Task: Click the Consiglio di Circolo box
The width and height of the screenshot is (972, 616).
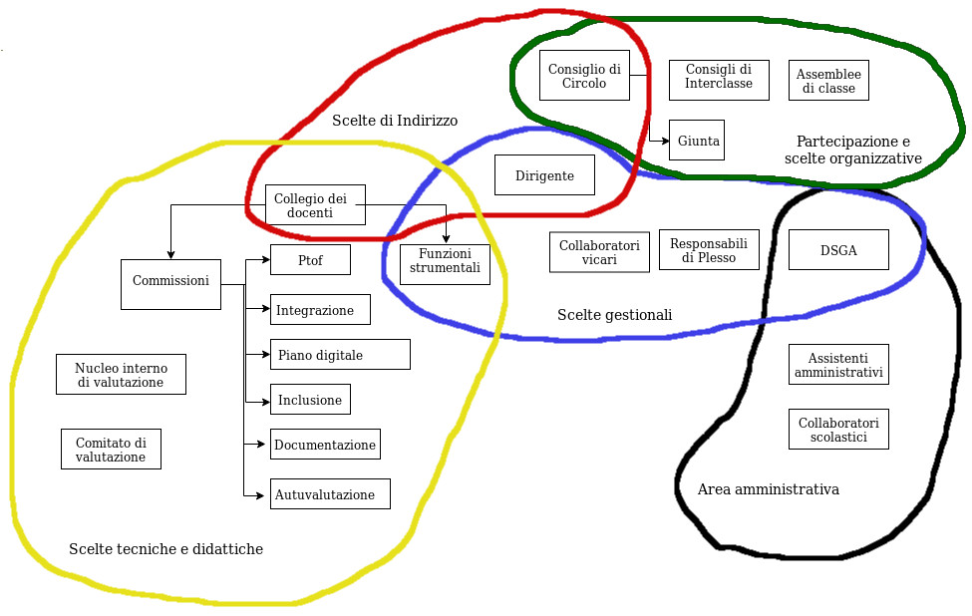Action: [584, 76]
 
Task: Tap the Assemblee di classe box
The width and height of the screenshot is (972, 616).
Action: [828, 81]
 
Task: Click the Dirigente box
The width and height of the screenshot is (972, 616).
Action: [544, 175]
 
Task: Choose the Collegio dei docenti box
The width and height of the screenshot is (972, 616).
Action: [315, 204]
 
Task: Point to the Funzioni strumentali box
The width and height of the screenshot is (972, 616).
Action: [445, 264]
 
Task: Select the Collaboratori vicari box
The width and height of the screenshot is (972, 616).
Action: [599, 252]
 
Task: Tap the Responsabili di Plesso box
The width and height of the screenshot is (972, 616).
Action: [709, 249]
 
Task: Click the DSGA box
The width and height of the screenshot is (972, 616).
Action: [838, 250]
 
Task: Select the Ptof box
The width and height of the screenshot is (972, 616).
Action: [310, 260]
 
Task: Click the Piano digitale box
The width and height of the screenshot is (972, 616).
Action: [340, 355]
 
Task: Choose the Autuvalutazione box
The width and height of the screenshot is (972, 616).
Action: [329, 494]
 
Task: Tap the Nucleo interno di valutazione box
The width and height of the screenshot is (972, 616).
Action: [121, 375]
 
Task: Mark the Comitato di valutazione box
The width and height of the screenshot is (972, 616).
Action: [111, 450]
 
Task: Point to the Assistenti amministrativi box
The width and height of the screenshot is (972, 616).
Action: [838, 365]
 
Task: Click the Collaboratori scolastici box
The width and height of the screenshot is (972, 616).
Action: [838, 430]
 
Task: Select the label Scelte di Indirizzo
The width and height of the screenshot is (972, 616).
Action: [395, 121]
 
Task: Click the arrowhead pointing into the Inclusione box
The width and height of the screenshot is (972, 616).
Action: [266, 401]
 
